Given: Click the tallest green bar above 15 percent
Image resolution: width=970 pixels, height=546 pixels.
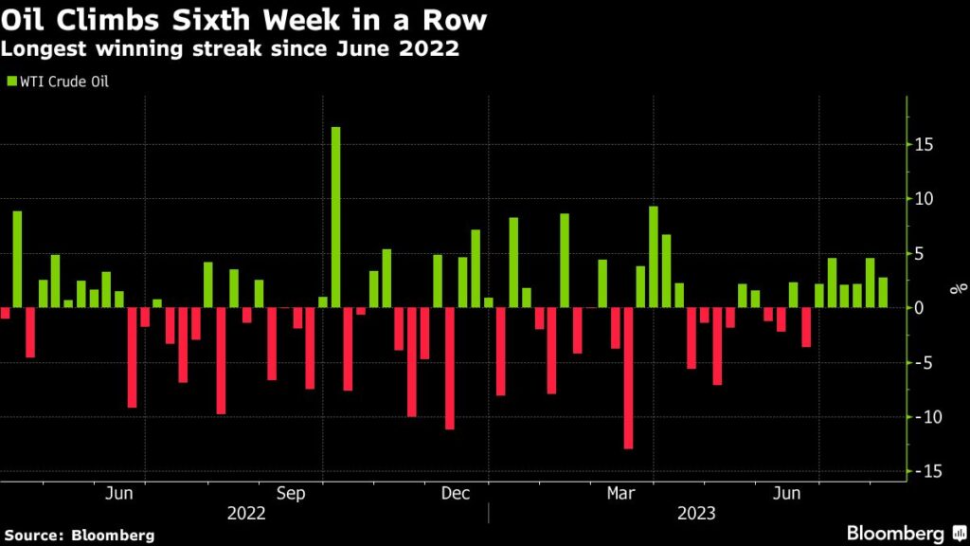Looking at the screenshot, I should click(335, 217).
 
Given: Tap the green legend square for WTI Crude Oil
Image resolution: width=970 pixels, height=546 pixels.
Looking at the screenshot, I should click(10, 82).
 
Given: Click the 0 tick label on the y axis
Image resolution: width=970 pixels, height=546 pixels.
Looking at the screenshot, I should click(922, 308).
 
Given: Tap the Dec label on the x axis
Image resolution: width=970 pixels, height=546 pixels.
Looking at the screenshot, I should click(456, 493).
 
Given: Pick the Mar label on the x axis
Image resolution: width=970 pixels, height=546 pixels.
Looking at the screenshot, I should click(620, 493).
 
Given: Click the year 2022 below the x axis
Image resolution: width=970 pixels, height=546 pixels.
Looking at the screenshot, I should click(246, 513).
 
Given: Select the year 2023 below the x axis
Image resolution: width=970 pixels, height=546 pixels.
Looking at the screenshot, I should click(696, 513).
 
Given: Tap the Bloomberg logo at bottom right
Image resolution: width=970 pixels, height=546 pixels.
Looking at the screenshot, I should click(901, 533).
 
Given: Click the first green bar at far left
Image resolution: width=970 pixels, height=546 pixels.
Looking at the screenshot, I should click(17, 259).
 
